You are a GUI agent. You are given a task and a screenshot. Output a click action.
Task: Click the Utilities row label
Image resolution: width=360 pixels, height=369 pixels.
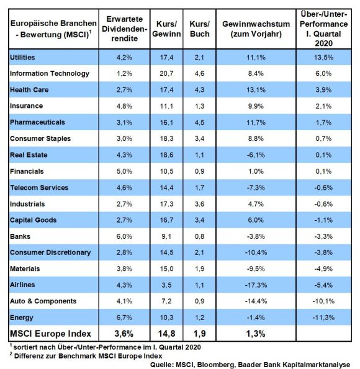point(22,58)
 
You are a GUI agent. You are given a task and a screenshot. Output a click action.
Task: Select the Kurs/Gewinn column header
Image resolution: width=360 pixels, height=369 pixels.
point(166,29)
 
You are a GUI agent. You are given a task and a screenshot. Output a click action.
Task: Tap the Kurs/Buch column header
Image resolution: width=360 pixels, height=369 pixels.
point(200,29)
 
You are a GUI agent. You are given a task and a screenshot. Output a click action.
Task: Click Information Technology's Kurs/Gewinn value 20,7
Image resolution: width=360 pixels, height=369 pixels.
point(166,73)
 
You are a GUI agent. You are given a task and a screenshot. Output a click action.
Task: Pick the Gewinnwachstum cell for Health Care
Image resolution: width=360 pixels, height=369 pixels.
point(256,90)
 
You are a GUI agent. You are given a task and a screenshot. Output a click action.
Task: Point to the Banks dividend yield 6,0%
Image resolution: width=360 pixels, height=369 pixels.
point(124,236)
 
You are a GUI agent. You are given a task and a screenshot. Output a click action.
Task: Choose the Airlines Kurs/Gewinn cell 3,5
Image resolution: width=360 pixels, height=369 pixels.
point(166,285)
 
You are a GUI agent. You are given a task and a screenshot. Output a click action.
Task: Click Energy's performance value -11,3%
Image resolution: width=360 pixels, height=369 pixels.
point(323,318)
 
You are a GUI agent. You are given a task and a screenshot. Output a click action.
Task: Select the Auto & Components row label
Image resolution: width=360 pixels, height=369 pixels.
point(43,301)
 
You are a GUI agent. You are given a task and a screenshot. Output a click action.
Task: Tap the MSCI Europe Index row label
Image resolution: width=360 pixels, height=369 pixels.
point(50,334)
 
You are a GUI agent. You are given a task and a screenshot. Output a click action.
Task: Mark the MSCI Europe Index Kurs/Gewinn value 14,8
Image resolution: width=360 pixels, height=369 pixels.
point(166,334)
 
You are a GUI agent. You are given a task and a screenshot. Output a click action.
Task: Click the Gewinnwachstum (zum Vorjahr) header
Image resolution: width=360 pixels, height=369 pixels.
point(256,29)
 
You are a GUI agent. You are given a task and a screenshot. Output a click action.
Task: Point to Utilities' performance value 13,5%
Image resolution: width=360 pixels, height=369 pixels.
point(323,58)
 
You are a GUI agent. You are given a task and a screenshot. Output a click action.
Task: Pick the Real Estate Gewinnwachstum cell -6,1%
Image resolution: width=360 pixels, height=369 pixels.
point(256,155)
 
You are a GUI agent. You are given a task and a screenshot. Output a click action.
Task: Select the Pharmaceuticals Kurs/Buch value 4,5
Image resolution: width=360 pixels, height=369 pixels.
point(200,122)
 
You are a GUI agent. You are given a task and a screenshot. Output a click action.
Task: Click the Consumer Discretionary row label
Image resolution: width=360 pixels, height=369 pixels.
point(50,252)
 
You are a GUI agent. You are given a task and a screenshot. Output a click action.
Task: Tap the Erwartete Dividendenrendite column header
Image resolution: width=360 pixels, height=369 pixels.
point(124,29)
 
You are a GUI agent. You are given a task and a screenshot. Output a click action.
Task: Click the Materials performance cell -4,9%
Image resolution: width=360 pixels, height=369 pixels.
point(323,269)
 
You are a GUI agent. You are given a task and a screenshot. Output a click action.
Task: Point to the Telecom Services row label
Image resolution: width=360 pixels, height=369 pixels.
point(39,187)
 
